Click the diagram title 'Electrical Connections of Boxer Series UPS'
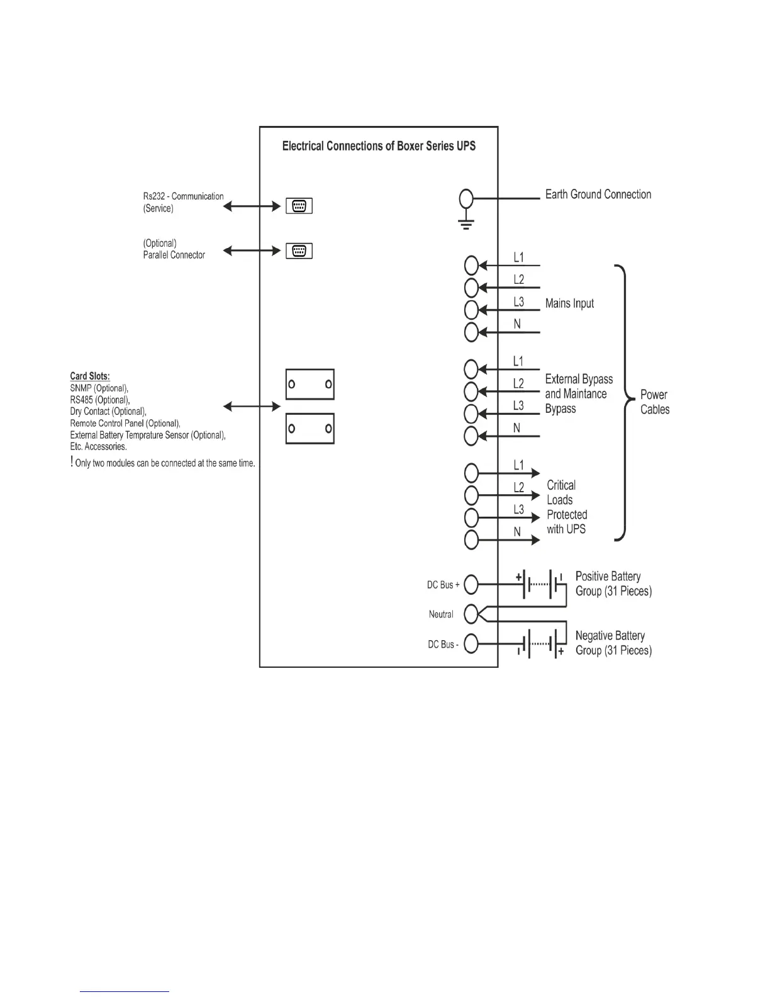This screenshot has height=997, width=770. (379, 146)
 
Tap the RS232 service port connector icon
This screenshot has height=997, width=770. (299, 206)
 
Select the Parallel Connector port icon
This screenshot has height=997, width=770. (299, 251)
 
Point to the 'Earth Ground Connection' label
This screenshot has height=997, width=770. (598, 194)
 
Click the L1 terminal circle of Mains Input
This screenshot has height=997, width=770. (472, 266)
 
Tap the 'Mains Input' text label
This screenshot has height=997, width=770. (569, 303)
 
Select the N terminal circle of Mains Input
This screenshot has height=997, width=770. (472, 332)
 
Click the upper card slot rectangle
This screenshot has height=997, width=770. (310, 385)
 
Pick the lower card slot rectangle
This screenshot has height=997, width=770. (310, 429)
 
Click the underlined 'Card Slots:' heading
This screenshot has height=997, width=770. (90, 376)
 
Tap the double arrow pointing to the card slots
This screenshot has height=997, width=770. (252, 407)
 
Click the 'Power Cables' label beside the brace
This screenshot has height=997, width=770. (655, 402)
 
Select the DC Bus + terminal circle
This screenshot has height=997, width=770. (471, 585)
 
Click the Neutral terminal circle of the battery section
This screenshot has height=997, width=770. (471, 614)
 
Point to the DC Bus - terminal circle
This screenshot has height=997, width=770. (471, 644)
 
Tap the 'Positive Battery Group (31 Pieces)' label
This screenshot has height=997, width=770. (613, 583)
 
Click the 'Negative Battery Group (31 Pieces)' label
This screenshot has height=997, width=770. (613, 643)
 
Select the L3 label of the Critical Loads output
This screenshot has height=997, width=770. (518, 509)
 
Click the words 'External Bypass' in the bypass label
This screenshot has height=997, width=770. (579, 379)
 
